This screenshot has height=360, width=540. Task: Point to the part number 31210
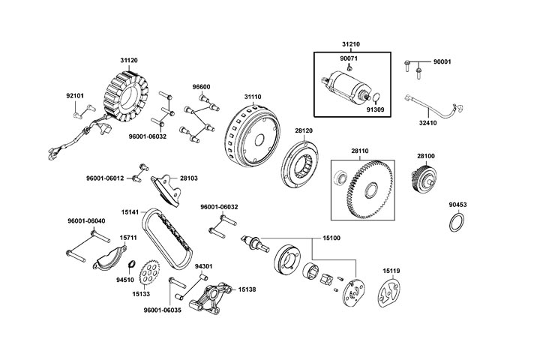point(351,43)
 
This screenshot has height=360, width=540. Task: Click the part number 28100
point(425,156)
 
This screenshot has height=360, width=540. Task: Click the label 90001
point(443,61)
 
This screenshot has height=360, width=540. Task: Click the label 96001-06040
point(86,221)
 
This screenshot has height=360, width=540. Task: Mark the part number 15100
point(331,238)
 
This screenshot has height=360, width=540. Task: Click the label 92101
point(75,95)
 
